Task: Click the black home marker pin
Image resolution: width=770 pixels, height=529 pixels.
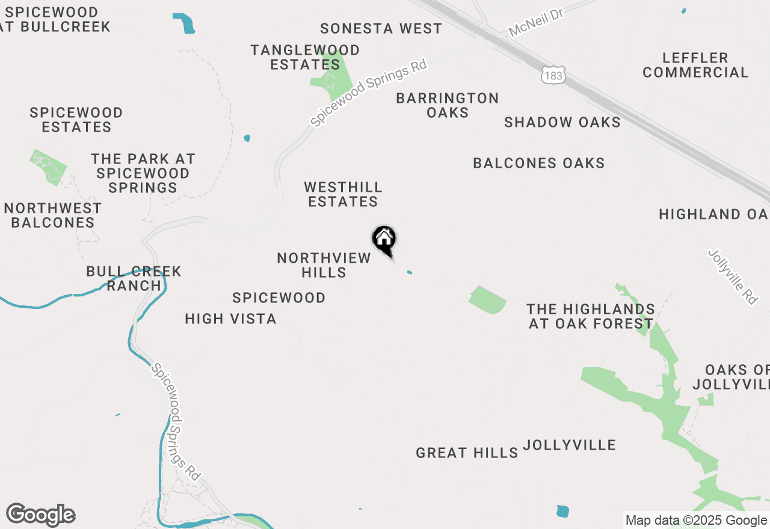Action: point(384,240)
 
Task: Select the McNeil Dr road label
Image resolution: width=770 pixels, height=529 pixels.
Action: point(535,23)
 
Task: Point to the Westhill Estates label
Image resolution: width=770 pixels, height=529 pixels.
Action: point(343,194)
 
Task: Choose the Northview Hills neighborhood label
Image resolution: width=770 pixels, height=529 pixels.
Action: point(324,265)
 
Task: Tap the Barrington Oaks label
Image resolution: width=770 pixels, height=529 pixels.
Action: point(448,105)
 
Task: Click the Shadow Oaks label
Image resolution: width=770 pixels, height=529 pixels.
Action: point(562,122)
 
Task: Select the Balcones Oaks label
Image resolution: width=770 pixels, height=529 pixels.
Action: point(538,163)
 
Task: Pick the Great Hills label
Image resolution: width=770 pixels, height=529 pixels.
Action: point(467,453)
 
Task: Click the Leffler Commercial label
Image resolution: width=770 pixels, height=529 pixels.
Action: point(695,65)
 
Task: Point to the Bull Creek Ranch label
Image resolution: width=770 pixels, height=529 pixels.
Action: point(134,278)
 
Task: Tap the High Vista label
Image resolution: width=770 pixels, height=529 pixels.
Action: point(230,319)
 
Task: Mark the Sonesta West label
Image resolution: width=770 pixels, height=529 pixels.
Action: point(381,28)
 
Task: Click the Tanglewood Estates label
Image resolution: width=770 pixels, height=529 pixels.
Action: point(305,57)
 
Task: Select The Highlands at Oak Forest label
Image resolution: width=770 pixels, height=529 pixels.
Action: point(590,316)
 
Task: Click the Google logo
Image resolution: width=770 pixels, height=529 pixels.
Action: point(41,515)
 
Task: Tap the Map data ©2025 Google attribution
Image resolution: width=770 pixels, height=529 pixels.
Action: point(696,520)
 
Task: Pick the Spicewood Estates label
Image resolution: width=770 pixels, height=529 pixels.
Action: point(76,120)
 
